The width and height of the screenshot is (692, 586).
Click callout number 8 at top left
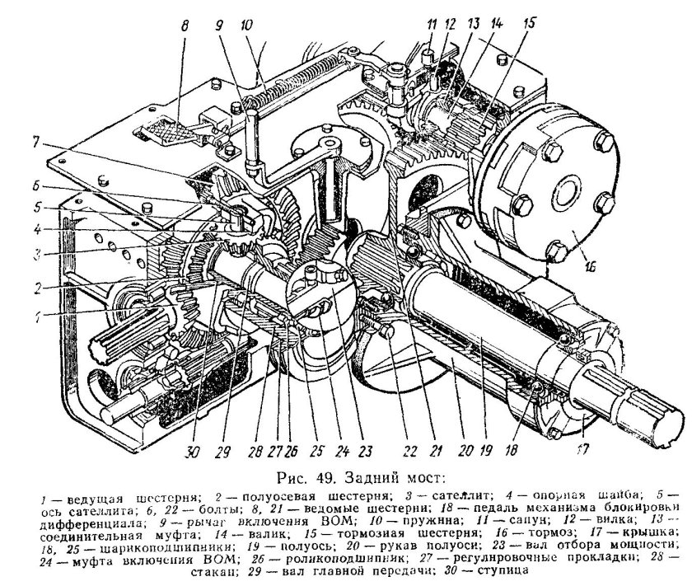click(x=185, y=26)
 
